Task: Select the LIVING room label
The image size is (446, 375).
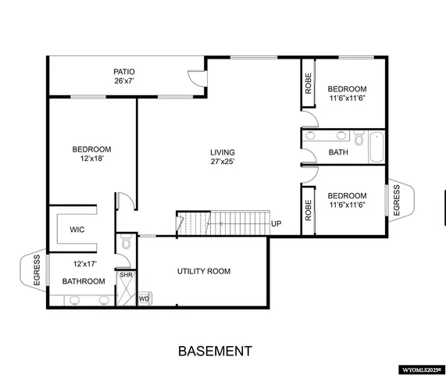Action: click(x=222, y=152)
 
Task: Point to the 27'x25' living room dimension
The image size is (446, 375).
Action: click(x=222, y=162)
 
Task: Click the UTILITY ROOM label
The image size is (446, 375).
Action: click(x=203, y=271)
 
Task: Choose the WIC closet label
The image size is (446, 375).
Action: click(x=77, y=230)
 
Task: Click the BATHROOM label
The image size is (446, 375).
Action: click(x=84, y=281)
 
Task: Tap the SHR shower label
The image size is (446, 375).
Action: click(x=125, y=275)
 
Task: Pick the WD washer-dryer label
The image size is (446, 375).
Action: click(x=144, y=298)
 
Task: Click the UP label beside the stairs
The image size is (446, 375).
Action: click(x=276, y=224)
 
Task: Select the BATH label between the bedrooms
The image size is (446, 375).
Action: click(x=338, y=152)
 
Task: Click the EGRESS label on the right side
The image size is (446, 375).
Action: click(x=396, y=199)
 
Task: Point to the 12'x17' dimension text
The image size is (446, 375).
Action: click(x=84, y=264)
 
